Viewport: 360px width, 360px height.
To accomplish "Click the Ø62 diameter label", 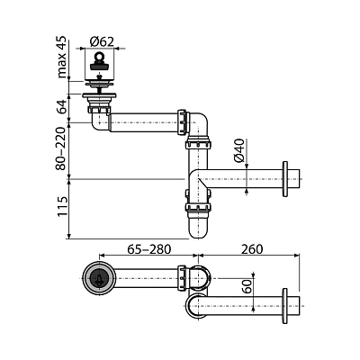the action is [x=102, y=41].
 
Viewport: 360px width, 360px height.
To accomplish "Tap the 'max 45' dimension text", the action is [x=62, y=57].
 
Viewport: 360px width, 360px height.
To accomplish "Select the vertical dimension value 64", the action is [x=62, y=106].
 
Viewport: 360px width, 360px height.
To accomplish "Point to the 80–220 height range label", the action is [x=61, y=148].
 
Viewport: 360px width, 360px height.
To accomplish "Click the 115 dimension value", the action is [x=62, y=207].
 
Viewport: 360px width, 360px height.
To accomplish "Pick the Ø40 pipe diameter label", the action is [x=238, y=150].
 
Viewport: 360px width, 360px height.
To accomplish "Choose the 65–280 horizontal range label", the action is [x=149, y=249].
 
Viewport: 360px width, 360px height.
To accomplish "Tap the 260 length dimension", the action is [x=252, y=249].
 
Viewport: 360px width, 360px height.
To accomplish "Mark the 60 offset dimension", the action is [x=247, y=286].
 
